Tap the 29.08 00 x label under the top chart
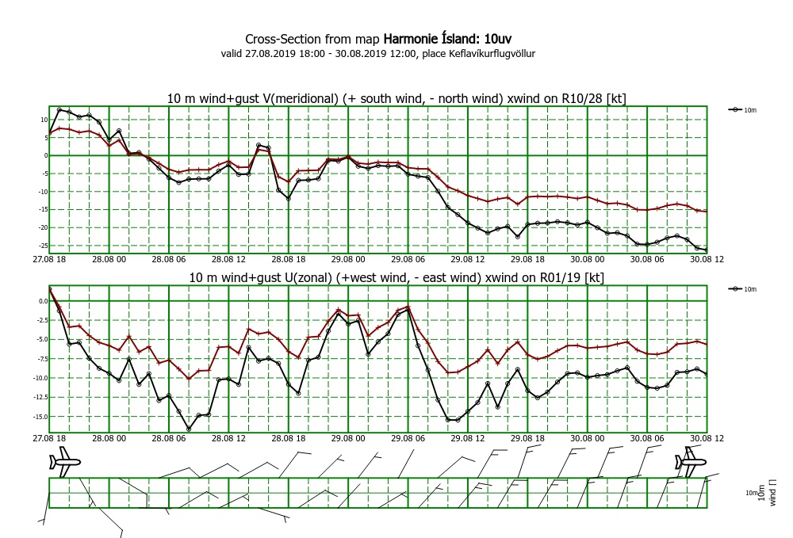click(x=348, y=258)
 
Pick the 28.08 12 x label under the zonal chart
click(x=228, y=438)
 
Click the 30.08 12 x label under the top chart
click(x=706, y=258)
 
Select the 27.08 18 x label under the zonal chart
click(x=49, y=438)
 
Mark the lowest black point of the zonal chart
click(x=189, y=429)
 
